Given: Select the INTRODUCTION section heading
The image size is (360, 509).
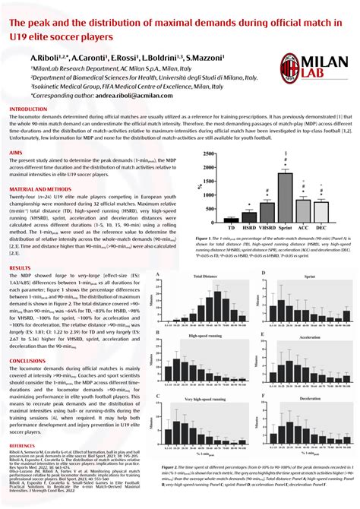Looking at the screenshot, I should point(29,109).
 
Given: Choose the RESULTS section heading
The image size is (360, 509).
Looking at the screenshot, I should point(21,267).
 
